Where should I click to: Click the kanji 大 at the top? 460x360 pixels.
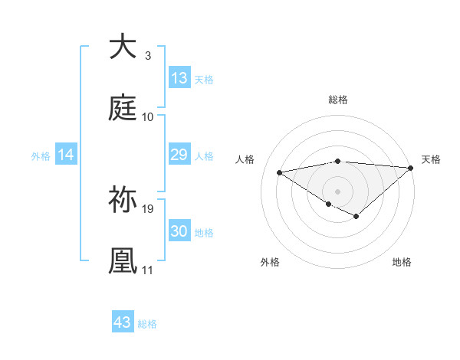pyautogui.click(x=123, y=47)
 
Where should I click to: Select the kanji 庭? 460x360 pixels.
pyautogui.click(x=123, y=108)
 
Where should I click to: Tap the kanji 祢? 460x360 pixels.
pyautogui.click(x=123, y=200)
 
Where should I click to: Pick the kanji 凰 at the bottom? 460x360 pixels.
pyautogui.click(x=123, y=261)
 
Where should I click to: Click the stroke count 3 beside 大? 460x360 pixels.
pyautogui.click(x=147, y=55)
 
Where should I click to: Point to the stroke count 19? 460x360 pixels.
pyautogui.click(x=149, y=208)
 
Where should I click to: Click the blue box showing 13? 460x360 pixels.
pyautogui.click(x=179, y=78)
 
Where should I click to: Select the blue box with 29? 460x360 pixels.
pyautogui.click(x=179, y=155)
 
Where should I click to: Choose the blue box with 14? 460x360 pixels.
pyautogui.click(x=66, y=155)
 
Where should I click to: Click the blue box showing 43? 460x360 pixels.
pyautogui.click(x=123, y=322)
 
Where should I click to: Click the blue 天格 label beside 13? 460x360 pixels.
pyautogui.click(x=204, y=79)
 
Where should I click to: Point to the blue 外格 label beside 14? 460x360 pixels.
pyautogui.click(x=41, y=155)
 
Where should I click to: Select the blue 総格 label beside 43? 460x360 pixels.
pyautogui.click(x=147, y=323)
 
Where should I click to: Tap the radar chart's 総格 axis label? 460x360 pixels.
pyautogui.click(x=338, y=100)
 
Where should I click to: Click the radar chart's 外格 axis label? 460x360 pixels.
pyautogui.click(x=270, y=262)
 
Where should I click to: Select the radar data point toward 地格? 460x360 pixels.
pyautogui.click(x=356, y=217)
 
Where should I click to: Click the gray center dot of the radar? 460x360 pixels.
pyautogui.click(x=338, y=191)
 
